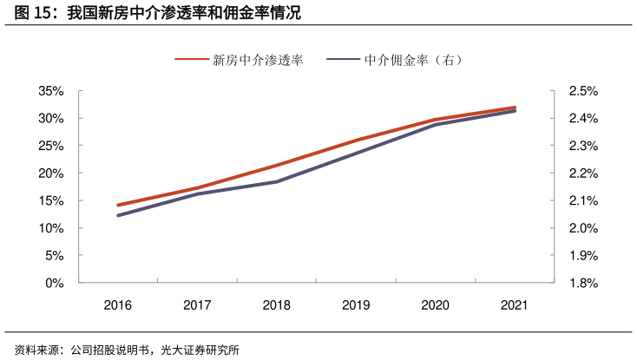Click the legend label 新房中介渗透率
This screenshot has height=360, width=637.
click(258, 60)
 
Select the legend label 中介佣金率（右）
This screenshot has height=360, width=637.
click(413, 60)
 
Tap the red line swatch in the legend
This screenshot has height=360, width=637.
click(192, 60)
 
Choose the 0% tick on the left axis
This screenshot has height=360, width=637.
click(56, 283)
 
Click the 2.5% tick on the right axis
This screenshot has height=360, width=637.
click(583, 91)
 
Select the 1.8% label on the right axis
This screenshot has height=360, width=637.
click(583, 283)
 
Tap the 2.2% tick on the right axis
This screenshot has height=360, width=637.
click(583, 173)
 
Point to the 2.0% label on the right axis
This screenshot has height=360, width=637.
click(583, 228)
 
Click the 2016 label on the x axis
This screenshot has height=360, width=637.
click(118, 305)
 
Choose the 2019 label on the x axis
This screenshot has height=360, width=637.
click(356, 305)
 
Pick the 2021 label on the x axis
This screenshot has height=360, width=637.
click(515, 305)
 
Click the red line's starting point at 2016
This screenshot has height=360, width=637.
click(118, 206)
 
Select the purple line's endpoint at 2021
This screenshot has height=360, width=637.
click(515, 111)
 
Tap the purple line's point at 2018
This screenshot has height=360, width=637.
click(277, 181)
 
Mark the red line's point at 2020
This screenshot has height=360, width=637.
click(436, 120)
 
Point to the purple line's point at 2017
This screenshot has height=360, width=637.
click(197, 193)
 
